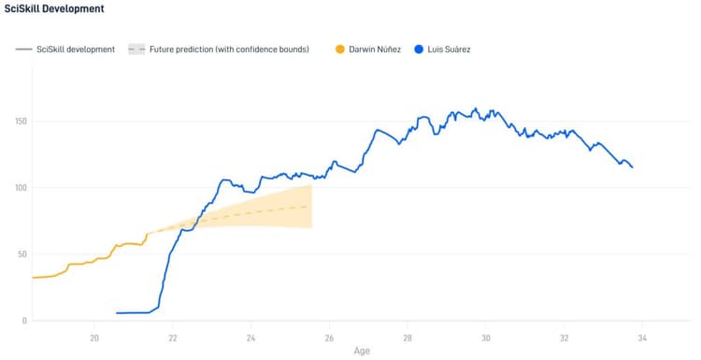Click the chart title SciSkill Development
pyautogui.click(x=54, y=8)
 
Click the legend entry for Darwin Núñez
pyautogui.click(x=375, y=49)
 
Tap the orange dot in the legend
pyautogui.click(x=340, y=49)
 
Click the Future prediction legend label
pyautogui.click(x=229, y=49)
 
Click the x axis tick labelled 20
pyautogui.click(x=94, y=338)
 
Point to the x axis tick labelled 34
pyautogui.click(x=642, y=338)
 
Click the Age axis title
pyautogui.click(x=361, y=352)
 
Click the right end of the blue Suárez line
pyautogui.click(x=633, y=167)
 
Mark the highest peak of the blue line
pyautogui.click(x=476, y=108)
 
